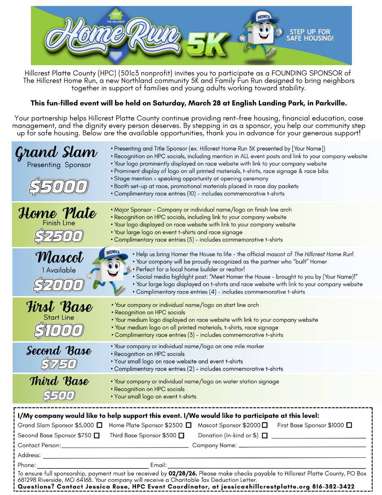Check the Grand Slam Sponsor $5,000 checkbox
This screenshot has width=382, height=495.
(x=100, y=425)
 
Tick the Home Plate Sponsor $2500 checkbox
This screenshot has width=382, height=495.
(x=188, y=425)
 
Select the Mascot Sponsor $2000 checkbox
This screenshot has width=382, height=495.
(x=265, y=425)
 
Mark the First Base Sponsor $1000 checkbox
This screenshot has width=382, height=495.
(x=349, y=425)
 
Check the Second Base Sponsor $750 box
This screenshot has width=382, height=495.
(x=97, y=436)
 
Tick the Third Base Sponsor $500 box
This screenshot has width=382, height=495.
(x=182, y=436)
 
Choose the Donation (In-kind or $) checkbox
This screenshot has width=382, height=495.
(x=265, y=436)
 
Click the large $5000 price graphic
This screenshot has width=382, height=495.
(x=58, y=187)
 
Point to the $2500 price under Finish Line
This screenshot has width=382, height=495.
(x=59, y=236)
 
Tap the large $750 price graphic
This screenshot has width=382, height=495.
(x=59, y=364)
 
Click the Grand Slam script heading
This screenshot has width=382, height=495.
(x=56, y=153)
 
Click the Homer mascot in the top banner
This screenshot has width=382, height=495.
(x=262, y=34)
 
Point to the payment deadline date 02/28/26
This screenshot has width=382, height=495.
(x=183, y=474)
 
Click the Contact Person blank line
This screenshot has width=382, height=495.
(x=124, y=446)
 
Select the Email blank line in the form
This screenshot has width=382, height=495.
(x=267, y=466)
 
